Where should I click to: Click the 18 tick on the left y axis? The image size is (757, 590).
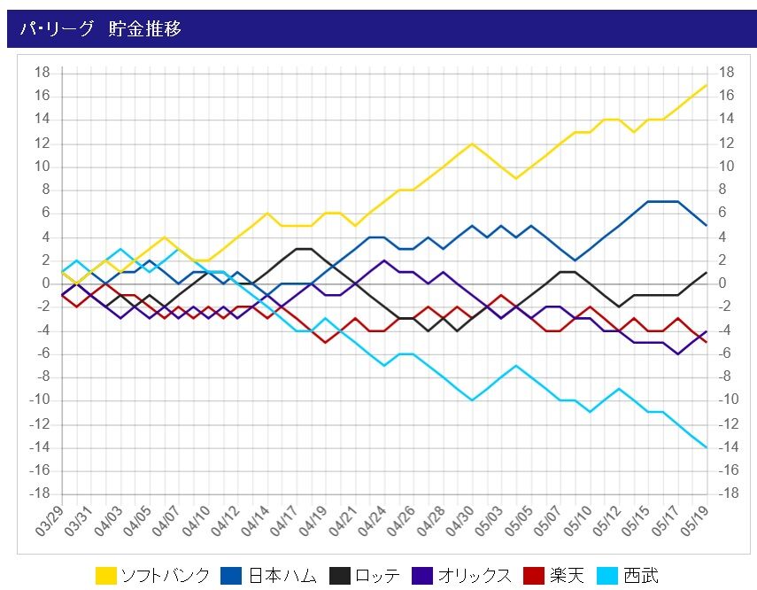coord(42,73)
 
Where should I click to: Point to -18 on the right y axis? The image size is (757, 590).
coord(726,493)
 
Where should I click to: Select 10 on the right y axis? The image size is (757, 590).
coord(726,167)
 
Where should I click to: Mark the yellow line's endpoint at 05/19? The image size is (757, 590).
coord(706,85)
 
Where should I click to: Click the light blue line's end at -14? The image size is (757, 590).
coord(706,447)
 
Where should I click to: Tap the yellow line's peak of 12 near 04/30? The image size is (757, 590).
coord(472,144)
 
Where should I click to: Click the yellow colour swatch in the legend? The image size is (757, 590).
coord(106,576)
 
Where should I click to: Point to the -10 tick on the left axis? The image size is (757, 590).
coord(39,400)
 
